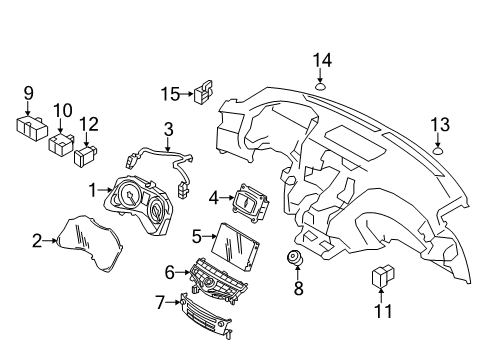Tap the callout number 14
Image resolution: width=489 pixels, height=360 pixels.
point(321,61)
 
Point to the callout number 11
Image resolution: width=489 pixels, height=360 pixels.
point(383,311)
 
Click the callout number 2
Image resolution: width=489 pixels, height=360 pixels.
point(37,240)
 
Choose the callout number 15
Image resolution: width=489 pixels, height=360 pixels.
point(169,95)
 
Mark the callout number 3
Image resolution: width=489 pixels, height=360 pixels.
point(168,129)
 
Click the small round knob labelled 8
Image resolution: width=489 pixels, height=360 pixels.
point(296,258)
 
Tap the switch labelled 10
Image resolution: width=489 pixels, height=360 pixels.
point(64,146)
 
